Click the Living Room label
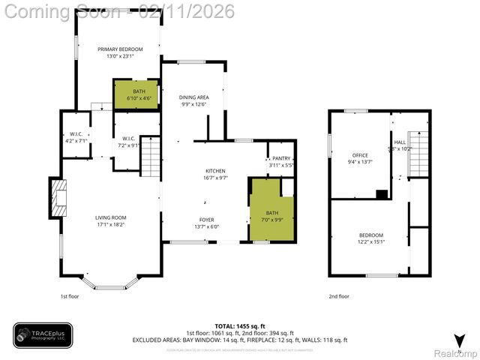(x=110, y=218)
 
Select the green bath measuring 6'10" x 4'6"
(x=136, y=94)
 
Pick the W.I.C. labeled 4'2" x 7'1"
(x=75, y=136)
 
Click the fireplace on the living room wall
(x=58, y=196)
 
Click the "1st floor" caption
(x=70, y=296)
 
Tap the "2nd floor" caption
(x=339, y=296)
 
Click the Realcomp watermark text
(x=456, y=352)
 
